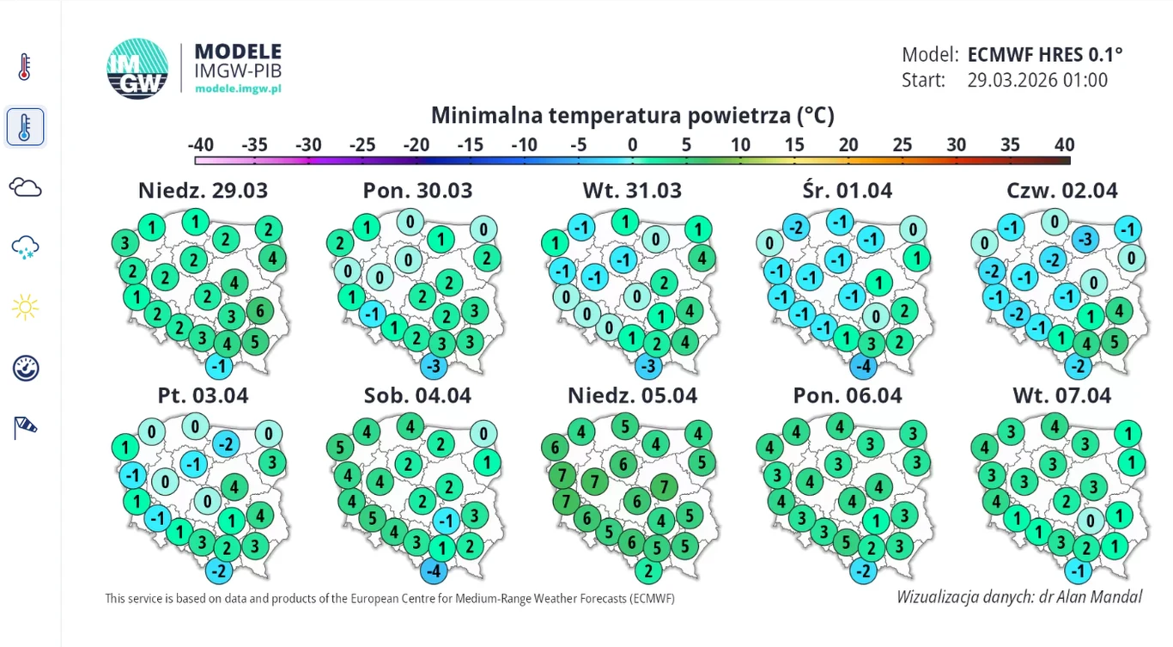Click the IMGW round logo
pyautogui.click(x=137, y=69)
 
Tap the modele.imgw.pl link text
pyautogui.click(x=238, y=89)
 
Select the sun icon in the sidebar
pyautogui.click(x=25, y=307)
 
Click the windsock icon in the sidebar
pyautogui.click(x=25, y=427)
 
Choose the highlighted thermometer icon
pyautogui.click(x=25, y=127)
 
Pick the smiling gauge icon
pyautogui.click(x=25, y=368)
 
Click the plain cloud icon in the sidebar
pyautogui.click(x=25, y=187)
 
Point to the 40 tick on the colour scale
pyautogui.click(x=1064, y=145)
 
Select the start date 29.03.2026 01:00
pyautogui.click(x=1037, y=81)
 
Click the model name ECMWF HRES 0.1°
pyautogui.click(x=1045, y=55)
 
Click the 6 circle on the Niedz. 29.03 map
pyautogui.click(x=259, y=310)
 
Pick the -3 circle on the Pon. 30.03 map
pyautogui.click(x=435, y=367)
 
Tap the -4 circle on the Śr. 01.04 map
pyautogui.click(x=863, y=367)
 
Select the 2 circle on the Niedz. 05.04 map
pyautogui.click(x=649, y=571)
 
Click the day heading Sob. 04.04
pyautogui.click(x=418, y=395)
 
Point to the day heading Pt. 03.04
pyautogui.click(x=203, y=395)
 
